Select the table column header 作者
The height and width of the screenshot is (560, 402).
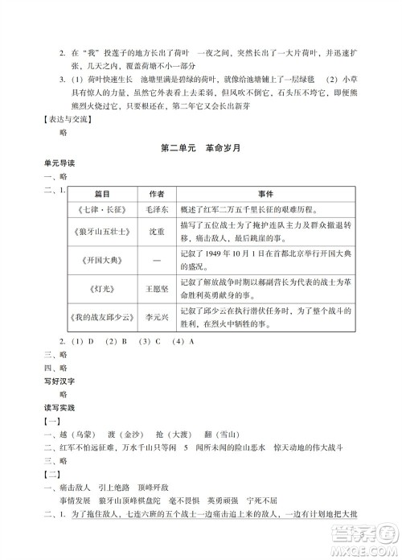[x=156, y=193]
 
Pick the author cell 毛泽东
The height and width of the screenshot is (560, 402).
[x=156, y=209]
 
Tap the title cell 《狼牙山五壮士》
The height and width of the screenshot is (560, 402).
[x=100, y=234]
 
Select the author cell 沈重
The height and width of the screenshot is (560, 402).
[x=156, y=234]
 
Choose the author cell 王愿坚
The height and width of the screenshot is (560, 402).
[x=156, y=287]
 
